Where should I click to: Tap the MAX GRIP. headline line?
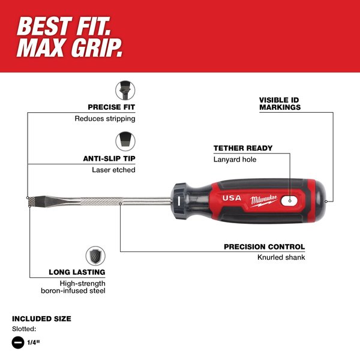pos(69,49)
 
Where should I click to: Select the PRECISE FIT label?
pos(111,107)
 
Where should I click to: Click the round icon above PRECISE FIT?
pos(125,91)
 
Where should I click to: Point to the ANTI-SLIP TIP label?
pos(109,159)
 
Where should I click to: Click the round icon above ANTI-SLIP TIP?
pos(125,142)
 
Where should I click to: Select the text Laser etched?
pos(113,170)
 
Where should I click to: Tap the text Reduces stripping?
pos(104,118)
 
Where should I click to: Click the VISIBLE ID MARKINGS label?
pos(280,103)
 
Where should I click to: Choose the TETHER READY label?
pos(243,148)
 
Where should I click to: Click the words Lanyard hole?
pos(235,159)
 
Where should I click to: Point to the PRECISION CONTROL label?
pos(264,247)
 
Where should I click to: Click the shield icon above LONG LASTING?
pos(95,256)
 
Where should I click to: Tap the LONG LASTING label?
pos(77,272)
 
